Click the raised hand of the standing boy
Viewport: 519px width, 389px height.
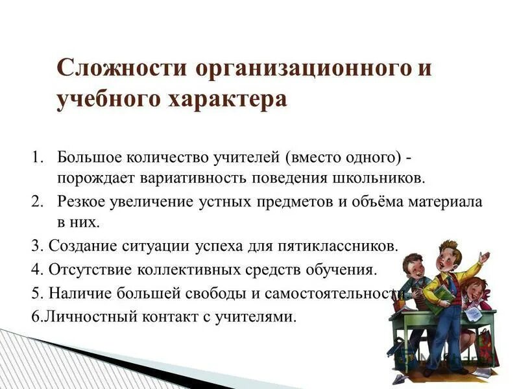point(483,257)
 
